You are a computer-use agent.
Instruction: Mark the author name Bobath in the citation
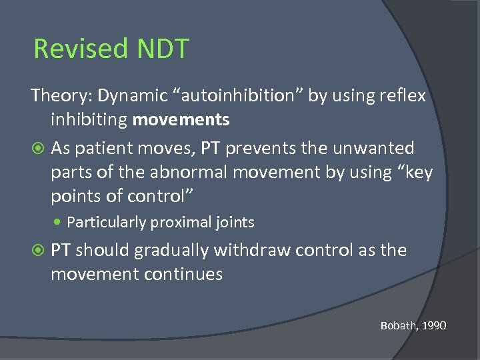pos(398,325)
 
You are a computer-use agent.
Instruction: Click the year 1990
pos(433,325)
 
